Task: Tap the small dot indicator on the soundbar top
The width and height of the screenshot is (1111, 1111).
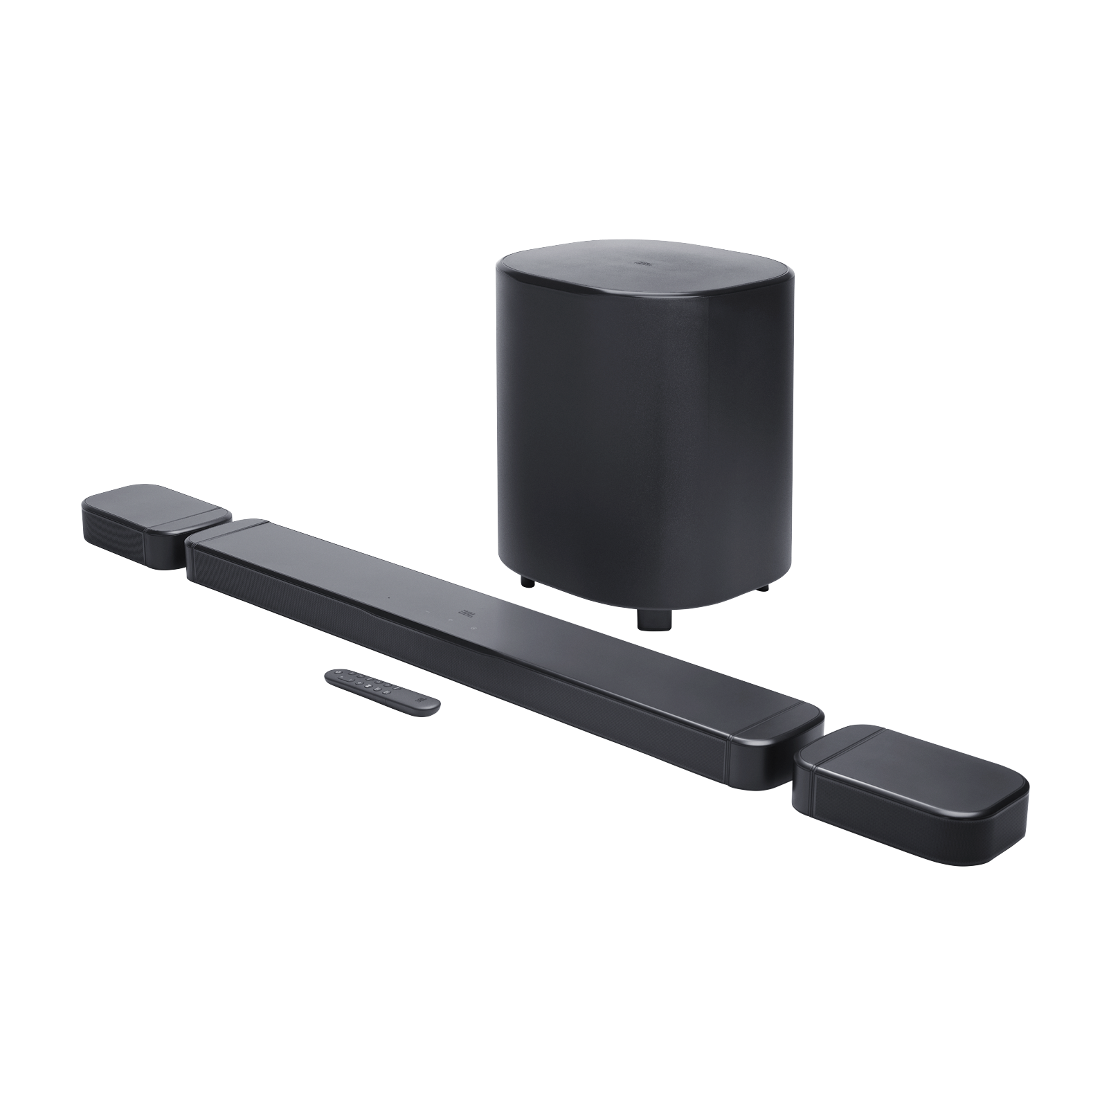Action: click(x=388, y=595)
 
